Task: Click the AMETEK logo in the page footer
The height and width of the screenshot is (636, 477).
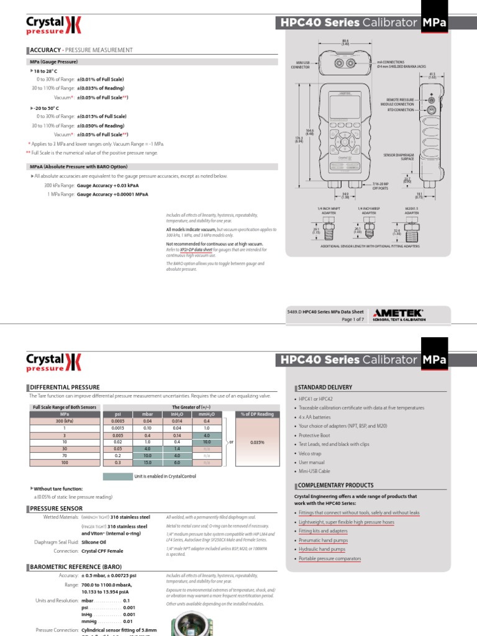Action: (x=398, y=313)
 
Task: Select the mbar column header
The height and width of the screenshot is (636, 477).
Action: (x=147, y=414)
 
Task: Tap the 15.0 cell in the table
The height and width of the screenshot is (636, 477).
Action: (x=147, y=463)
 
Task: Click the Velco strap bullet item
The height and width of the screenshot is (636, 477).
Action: (x=311, y=454)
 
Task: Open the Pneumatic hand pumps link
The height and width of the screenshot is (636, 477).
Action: (x=324, y=540)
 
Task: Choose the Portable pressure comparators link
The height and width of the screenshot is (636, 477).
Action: (x=330, y=559)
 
